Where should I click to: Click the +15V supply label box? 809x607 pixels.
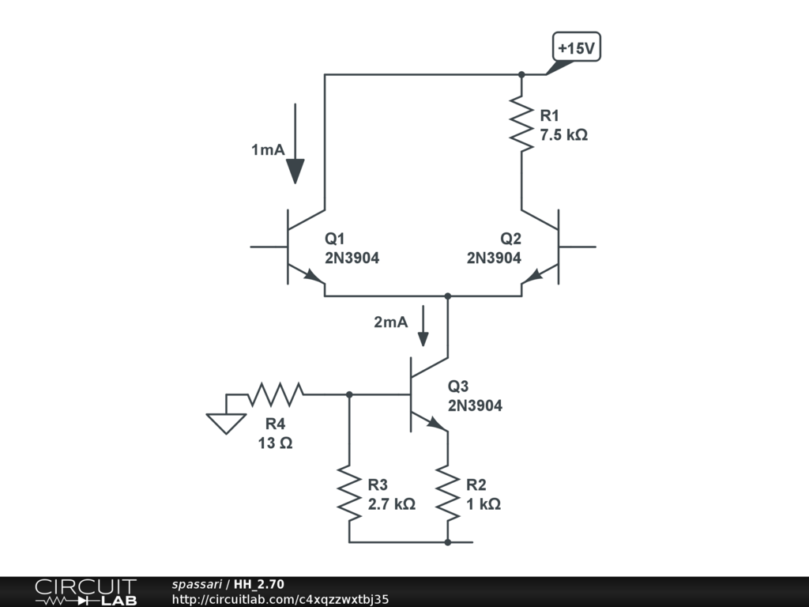click(576, 47)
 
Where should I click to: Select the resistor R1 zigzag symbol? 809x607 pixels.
click(521, 123)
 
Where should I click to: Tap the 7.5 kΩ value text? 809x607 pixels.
click(563, 134)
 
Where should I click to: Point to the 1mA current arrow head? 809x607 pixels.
click(295, 172)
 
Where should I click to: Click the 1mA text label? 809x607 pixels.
click(268, 149)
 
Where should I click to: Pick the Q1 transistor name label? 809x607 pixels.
click(334, 239)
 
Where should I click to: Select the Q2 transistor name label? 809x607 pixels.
click(511, 239)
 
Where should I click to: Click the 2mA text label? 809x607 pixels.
click(390, 322)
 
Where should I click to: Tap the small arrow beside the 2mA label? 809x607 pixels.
click(423, 326)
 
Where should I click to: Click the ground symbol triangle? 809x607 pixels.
click(226, 424)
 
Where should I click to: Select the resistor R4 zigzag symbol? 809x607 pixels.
click(276, 394)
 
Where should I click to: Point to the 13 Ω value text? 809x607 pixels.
click(275, 443)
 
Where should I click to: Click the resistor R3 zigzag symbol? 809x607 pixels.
click(349, 493)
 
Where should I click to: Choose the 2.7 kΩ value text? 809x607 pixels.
click(391, 503)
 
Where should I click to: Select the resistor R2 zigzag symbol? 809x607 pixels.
click(448, 493)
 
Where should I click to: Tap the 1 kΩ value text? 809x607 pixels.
click(484, 503)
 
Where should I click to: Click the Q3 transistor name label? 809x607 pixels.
click(457, 386)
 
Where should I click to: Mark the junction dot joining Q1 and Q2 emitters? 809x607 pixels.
click(448, 296)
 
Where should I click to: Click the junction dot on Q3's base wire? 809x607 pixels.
click(349, 394)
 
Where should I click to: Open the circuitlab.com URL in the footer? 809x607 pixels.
click(280, 599)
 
